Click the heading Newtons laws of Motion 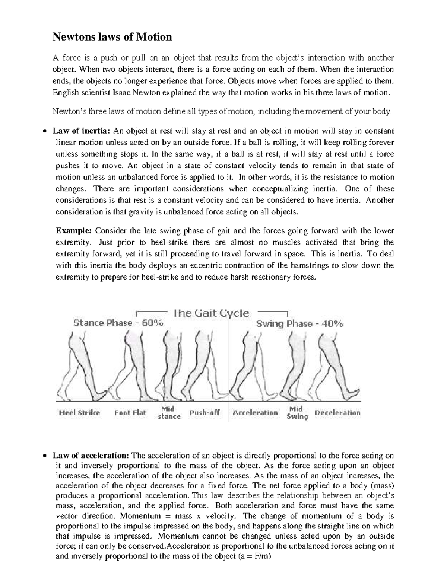pyautogui.click(x=112, y=37)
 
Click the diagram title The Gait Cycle pyautogui.click(x=211, y=313)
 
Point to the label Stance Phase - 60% pyautogui.click(x=118, y=323)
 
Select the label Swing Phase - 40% pyautogui.click(x=299, y=324)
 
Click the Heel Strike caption pyautogui.click(x=79, y=413)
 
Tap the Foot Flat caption pyautogui.click(x=130, y=413)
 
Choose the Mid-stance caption pyautogui.click(x=169, y=413)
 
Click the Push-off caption pyautogui.click(x=205, y=413)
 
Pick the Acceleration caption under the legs pyautogui.click(x=255, y=413)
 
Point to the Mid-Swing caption pyautogui.click(x=297, y=413)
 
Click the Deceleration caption pyautogui.click(x=337, y=413)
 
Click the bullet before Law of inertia pyautogui.click(x=45, y=131)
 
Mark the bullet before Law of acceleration pyautogui.click(x=45, y=456)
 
